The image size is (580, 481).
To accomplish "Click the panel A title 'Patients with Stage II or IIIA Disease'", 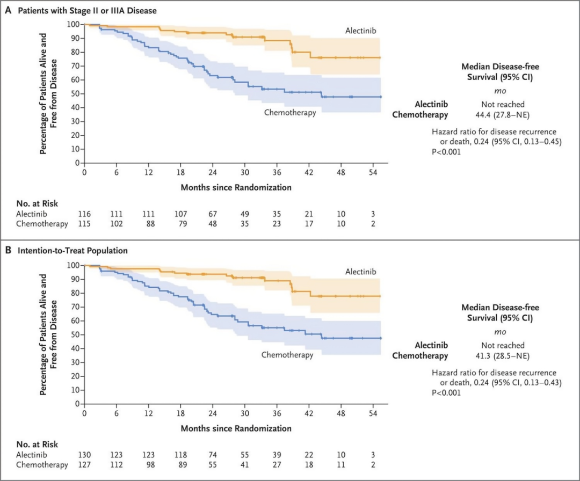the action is click(88, 11).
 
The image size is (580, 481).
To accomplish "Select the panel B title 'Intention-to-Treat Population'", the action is click(73, 251).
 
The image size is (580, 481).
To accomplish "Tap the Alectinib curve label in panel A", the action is click(361, 31).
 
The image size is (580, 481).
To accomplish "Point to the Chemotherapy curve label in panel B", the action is click(287, 355).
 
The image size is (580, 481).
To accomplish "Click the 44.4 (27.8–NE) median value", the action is click(502, 115).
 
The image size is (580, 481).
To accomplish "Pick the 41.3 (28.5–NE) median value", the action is click(502, 356).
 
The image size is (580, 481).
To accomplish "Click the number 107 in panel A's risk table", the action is click(181, 214).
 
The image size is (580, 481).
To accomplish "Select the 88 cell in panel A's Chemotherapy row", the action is click(150, 224).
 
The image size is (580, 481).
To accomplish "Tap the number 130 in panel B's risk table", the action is click(84, 455).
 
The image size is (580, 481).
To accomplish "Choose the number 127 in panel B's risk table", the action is click(84, 465).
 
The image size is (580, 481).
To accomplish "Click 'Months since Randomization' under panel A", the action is click(236, 187).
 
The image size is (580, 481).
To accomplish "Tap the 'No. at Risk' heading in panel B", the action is click(37, 444).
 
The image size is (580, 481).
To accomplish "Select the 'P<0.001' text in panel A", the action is click(446, 152).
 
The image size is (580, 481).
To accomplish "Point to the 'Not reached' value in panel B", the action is click(503, 345).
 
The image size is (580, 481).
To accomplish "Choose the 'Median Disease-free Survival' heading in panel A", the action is click(500, 72).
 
